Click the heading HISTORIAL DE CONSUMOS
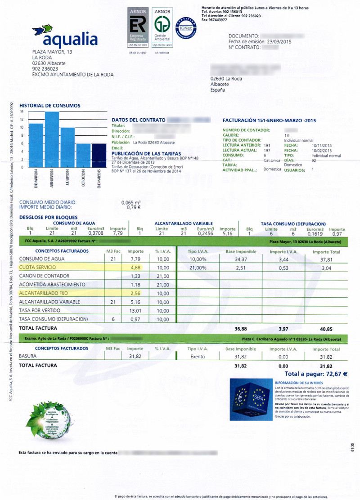50,106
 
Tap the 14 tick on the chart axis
22,111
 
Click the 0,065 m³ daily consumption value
131,202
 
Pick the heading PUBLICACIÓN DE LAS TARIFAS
146,153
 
